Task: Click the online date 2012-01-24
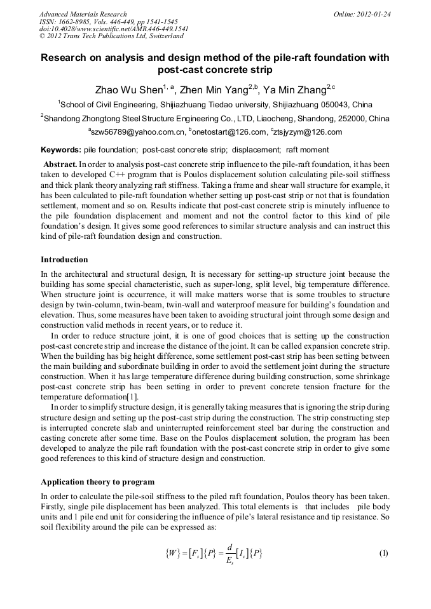click(x=374, y=13)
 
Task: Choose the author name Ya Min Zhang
click(x=292, y=90)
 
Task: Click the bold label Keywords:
click(x=61, y=150)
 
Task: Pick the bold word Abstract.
click(x=60, y=164)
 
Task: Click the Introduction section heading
click(x=64, y=260)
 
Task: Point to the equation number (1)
click(x=383, y=553)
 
